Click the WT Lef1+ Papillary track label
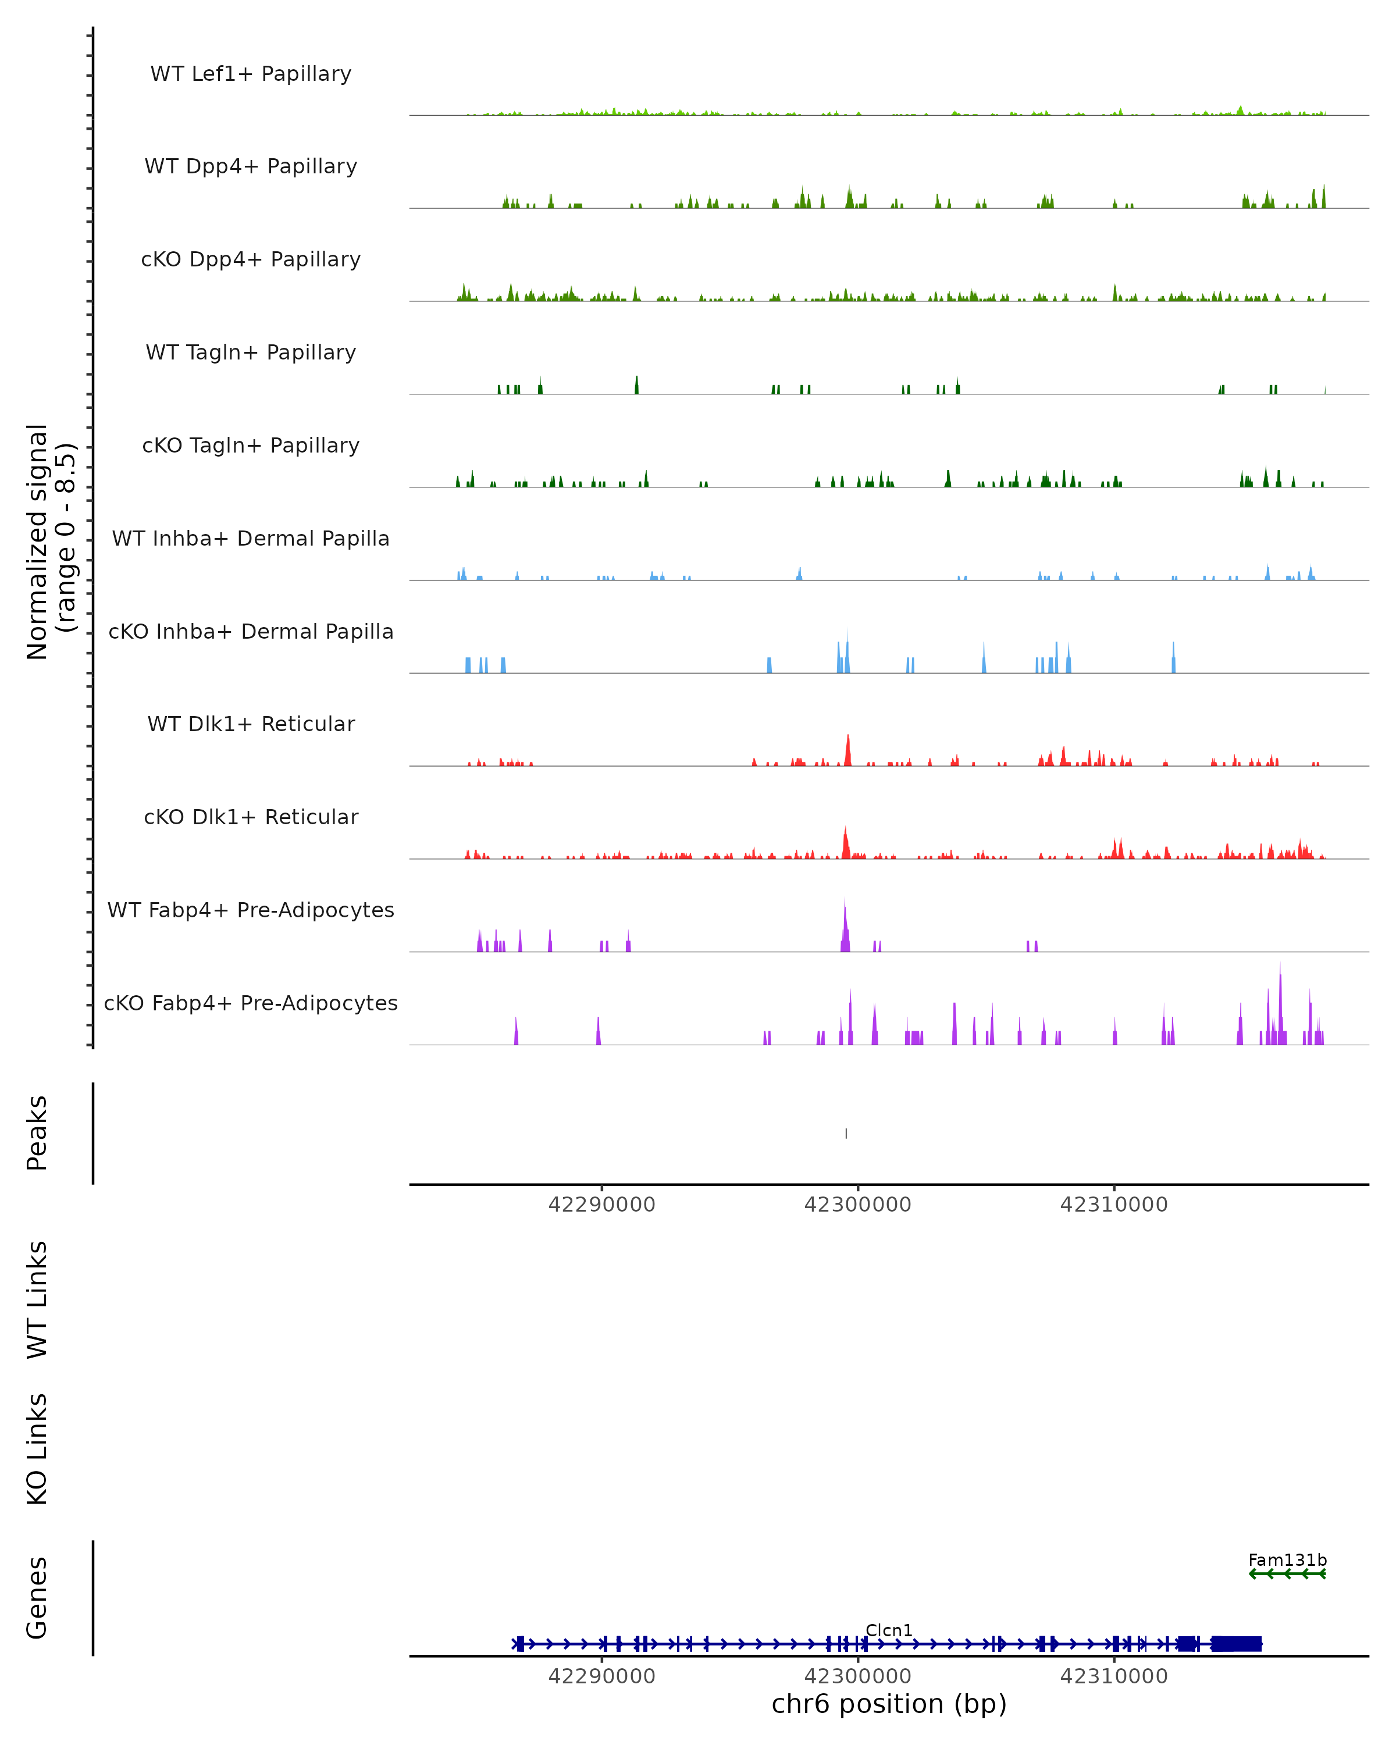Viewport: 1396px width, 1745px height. pyautogui.click(x=251, y=74)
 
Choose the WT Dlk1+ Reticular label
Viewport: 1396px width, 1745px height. pyautogui.click(x=251, y=724)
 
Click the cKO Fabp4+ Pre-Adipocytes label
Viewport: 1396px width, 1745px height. pyautogui.click(x=251, y=1003)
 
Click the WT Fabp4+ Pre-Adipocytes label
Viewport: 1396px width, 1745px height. pyautogui.click(x=251, y=910)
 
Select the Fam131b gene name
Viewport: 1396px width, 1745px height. pyautogui.click(x=1287, y=1559)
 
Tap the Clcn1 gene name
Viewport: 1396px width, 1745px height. pyautogui.click(x=889, y=1630)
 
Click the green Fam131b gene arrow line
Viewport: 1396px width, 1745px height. pyautogui.click(x=1287, y=1573)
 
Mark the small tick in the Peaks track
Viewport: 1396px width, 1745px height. pyautogui.click(x=846, y=1133)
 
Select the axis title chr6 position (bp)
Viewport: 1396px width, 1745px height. pyautogui.click(x=889, y=1704)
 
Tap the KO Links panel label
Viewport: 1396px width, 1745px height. pyautogui.click(x=37, y=1449)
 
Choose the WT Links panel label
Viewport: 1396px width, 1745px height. pyautogui.click(x=37, y=1299)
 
